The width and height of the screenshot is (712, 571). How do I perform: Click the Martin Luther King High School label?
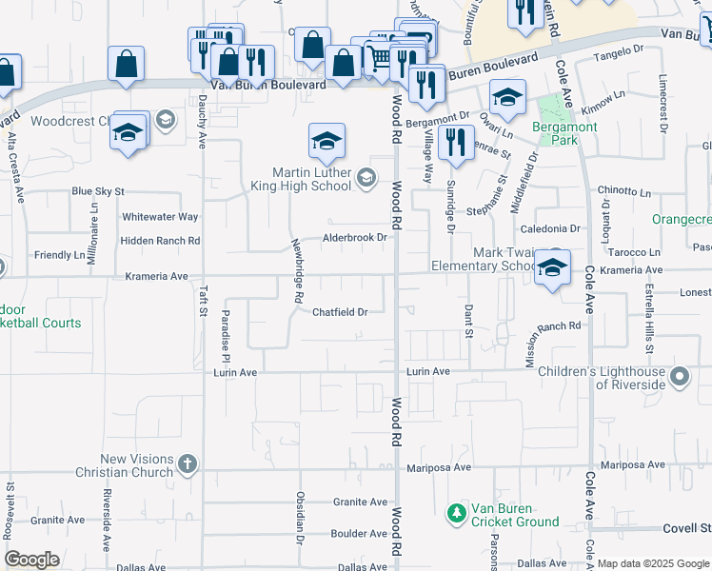coord(310,178)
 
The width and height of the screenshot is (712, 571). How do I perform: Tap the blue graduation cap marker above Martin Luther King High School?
coord(326,142)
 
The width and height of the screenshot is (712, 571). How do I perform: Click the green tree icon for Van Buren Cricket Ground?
coord(457,514)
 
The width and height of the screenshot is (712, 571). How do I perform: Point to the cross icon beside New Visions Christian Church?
coord(188,465)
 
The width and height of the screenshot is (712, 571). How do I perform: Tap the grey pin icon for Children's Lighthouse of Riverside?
coord(679,378)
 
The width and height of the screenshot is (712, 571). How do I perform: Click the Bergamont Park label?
coord(564,133)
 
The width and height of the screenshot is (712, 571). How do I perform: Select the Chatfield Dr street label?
coord(340,311)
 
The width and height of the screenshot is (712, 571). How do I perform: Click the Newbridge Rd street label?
coord(298,270)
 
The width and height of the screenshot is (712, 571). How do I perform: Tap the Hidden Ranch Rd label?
coord(161,242)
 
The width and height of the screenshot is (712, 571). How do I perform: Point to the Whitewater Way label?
coord(160,217)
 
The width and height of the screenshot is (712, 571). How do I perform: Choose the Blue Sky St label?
coord(98,191)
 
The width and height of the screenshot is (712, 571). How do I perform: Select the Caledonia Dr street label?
coord(549,229)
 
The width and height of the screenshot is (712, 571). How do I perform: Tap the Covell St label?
coord(687,528)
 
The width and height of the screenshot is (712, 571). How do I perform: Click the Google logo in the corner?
coord(31,560)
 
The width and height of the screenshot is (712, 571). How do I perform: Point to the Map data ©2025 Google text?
coord(653,563)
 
